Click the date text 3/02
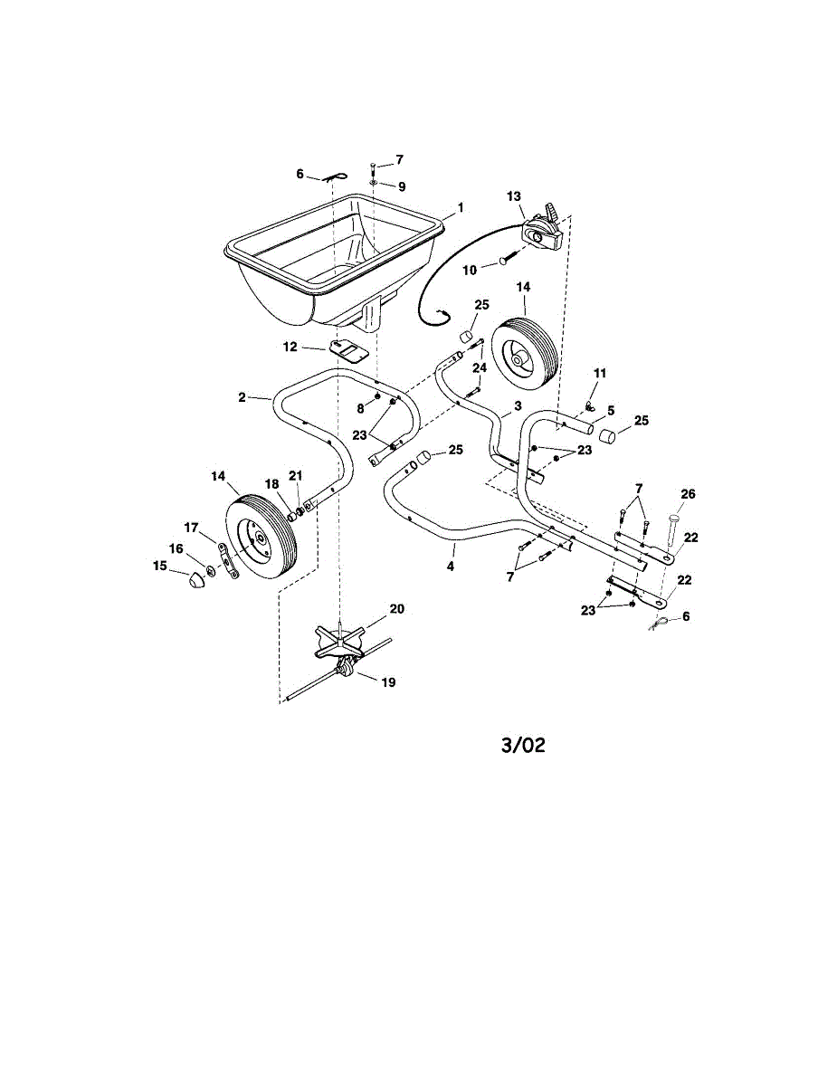tap(524, 746)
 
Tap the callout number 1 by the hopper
tap(460, 207)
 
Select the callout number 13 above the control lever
tap(514, 195)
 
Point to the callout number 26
tap(689, 493)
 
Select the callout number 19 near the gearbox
tap(388, 682)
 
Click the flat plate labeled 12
tap(347, 349)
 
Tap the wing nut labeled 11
tap(589, 391)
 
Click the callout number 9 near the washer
tap(401, 186)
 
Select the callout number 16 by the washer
tap(175, 548)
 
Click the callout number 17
tap(191, 527)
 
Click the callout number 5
tap(611, 410)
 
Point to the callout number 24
tap(480, 367)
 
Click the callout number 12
tap(290, 346)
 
